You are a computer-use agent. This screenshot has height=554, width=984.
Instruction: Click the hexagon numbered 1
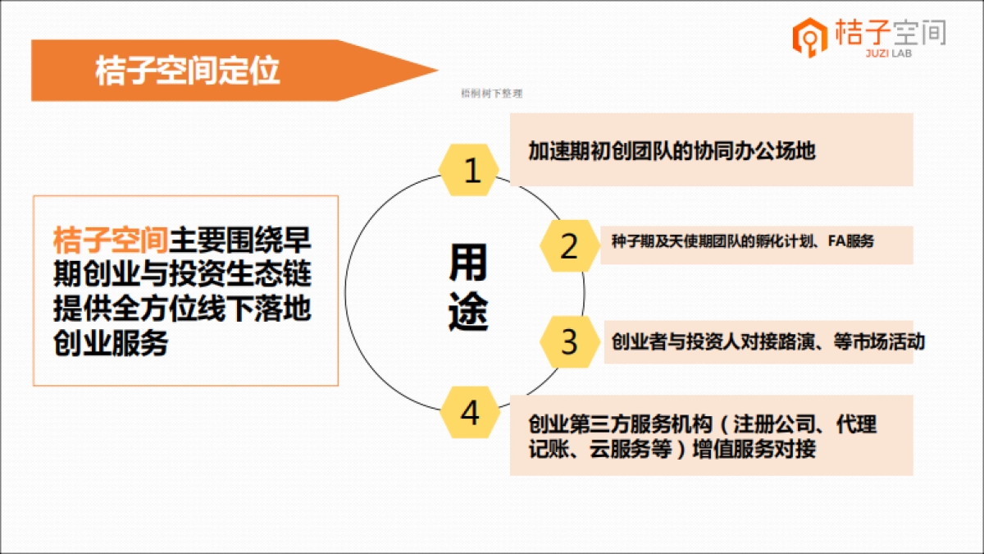pos(471,171)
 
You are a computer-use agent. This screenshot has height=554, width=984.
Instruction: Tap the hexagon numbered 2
pos(568,246)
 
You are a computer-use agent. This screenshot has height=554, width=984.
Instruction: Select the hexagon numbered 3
pos(568,341)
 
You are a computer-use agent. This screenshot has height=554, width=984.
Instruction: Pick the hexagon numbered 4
pos(469,413)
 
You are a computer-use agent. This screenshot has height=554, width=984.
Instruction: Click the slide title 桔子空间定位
pos(188,71)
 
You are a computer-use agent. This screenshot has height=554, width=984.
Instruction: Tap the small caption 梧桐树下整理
pos(492,94)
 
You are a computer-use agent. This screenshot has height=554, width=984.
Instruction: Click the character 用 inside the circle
pos(467,262)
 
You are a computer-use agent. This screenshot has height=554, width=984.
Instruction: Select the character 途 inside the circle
pos(467,312)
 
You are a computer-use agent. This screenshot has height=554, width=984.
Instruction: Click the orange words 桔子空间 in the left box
pos(111,240)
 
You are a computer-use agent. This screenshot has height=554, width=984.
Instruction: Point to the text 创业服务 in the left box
pos(111,342)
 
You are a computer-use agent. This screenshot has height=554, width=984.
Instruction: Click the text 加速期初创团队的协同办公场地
pos(672,151)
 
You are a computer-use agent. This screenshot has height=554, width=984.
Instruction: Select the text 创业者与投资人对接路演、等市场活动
pos(768,341)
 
